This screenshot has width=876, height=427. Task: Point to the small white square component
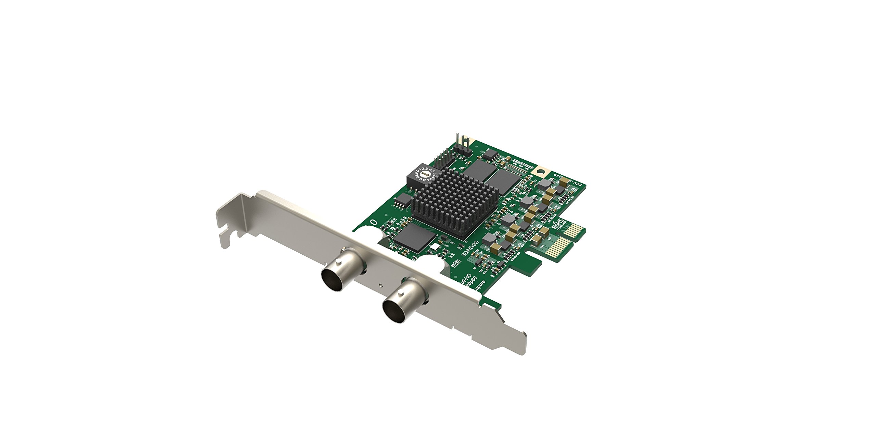tap(434, 245)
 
